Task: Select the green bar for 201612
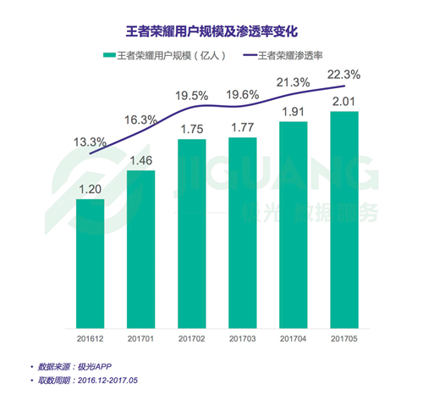[x=91, y=263]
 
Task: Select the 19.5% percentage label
[x=191, y=96]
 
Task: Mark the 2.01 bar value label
[x=344, y=103]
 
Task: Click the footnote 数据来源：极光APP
[x=74, y=366]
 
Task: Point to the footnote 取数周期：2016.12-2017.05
[x=87, y=381]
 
